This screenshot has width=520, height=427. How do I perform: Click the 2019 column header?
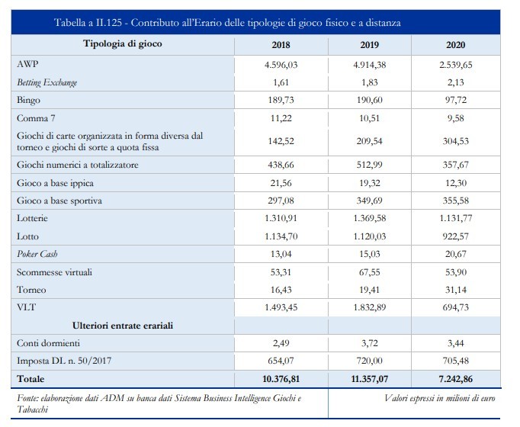370,45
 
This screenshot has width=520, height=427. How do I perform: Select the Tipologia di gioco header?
122,43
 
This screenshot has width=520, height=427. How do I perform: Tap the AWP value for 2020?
456,65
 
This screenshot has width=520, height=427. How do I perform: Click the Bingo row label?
28,100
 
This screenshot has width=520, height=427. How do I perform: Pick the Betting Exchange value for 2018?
281,82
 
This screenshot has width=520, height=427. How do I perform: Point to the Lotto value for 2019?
370,236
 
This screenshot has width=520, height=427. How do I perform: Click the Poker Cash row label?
37,254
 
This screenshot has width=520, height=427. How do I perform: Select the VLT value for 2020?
456,307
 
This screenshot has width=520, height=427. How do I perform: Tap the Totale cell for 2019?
370,379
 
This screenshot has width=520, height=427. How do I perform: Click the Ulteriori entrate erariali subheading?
123,326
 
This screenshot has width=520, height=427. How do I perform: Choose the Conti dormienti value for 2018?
281,343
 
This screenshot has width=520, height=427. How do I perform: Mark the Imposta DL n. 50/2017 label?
64,361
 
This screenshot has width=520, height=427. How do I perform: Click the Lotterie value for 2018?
281,218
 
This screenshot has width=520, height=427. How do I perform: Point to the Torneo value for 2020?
456,290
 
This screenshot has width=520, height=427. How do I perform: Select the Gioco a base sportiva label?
59,201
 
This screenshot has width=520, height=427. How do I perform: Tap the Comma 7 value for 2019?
370,118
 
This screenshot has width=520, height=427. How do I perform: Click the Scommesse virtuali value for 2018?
281,272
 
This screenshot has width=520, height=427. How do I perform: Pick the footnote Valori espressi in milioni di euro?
439,398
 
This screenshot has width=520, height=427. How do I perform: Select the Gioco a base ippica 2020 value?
456,183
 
